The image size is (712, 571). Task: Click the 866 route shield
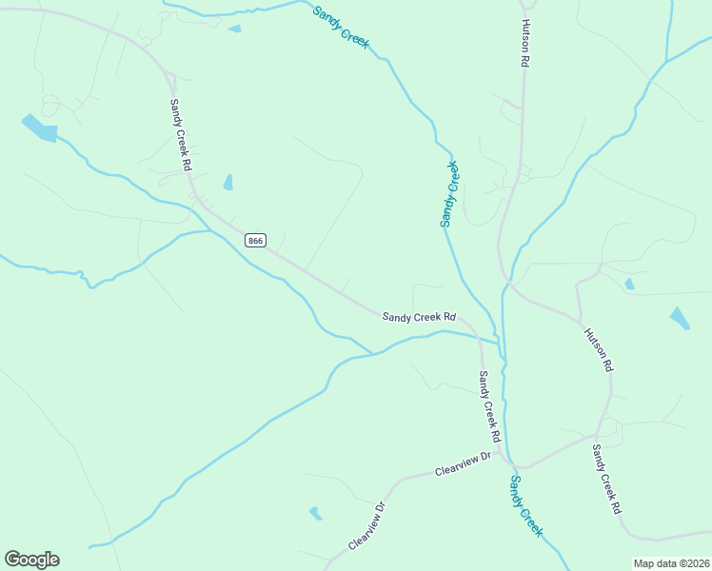point(254,241)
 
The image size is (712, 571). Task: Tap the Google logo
point(31,560)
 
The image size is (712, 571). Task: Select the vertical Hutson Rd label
point(524,43)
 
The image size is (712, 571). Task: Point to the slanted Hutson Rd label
point(599,349)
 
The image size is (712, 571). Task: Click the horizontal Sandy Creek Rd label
point(419,317)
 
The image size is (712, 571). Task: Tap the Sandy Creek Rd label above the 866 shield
point(181,135)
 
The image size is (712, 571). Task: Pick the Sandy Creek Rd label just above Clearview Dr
point(489,406)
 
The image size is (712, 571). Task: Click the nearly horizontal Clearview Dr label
point(462,463)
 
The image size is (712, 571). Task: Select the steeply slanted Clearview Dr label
point(366,525)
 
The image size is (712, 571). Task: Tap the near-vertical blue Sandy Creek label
point(450,193)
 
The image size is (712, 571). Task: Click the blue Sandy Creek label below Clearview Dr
point(525,505)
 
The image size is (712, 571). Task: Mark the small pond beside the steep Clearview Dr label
point(315,513)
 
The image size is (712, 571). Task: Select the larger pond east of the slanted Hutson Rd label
point(680,318)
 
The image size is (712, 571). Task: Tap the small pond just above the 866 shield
point(228,182)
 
